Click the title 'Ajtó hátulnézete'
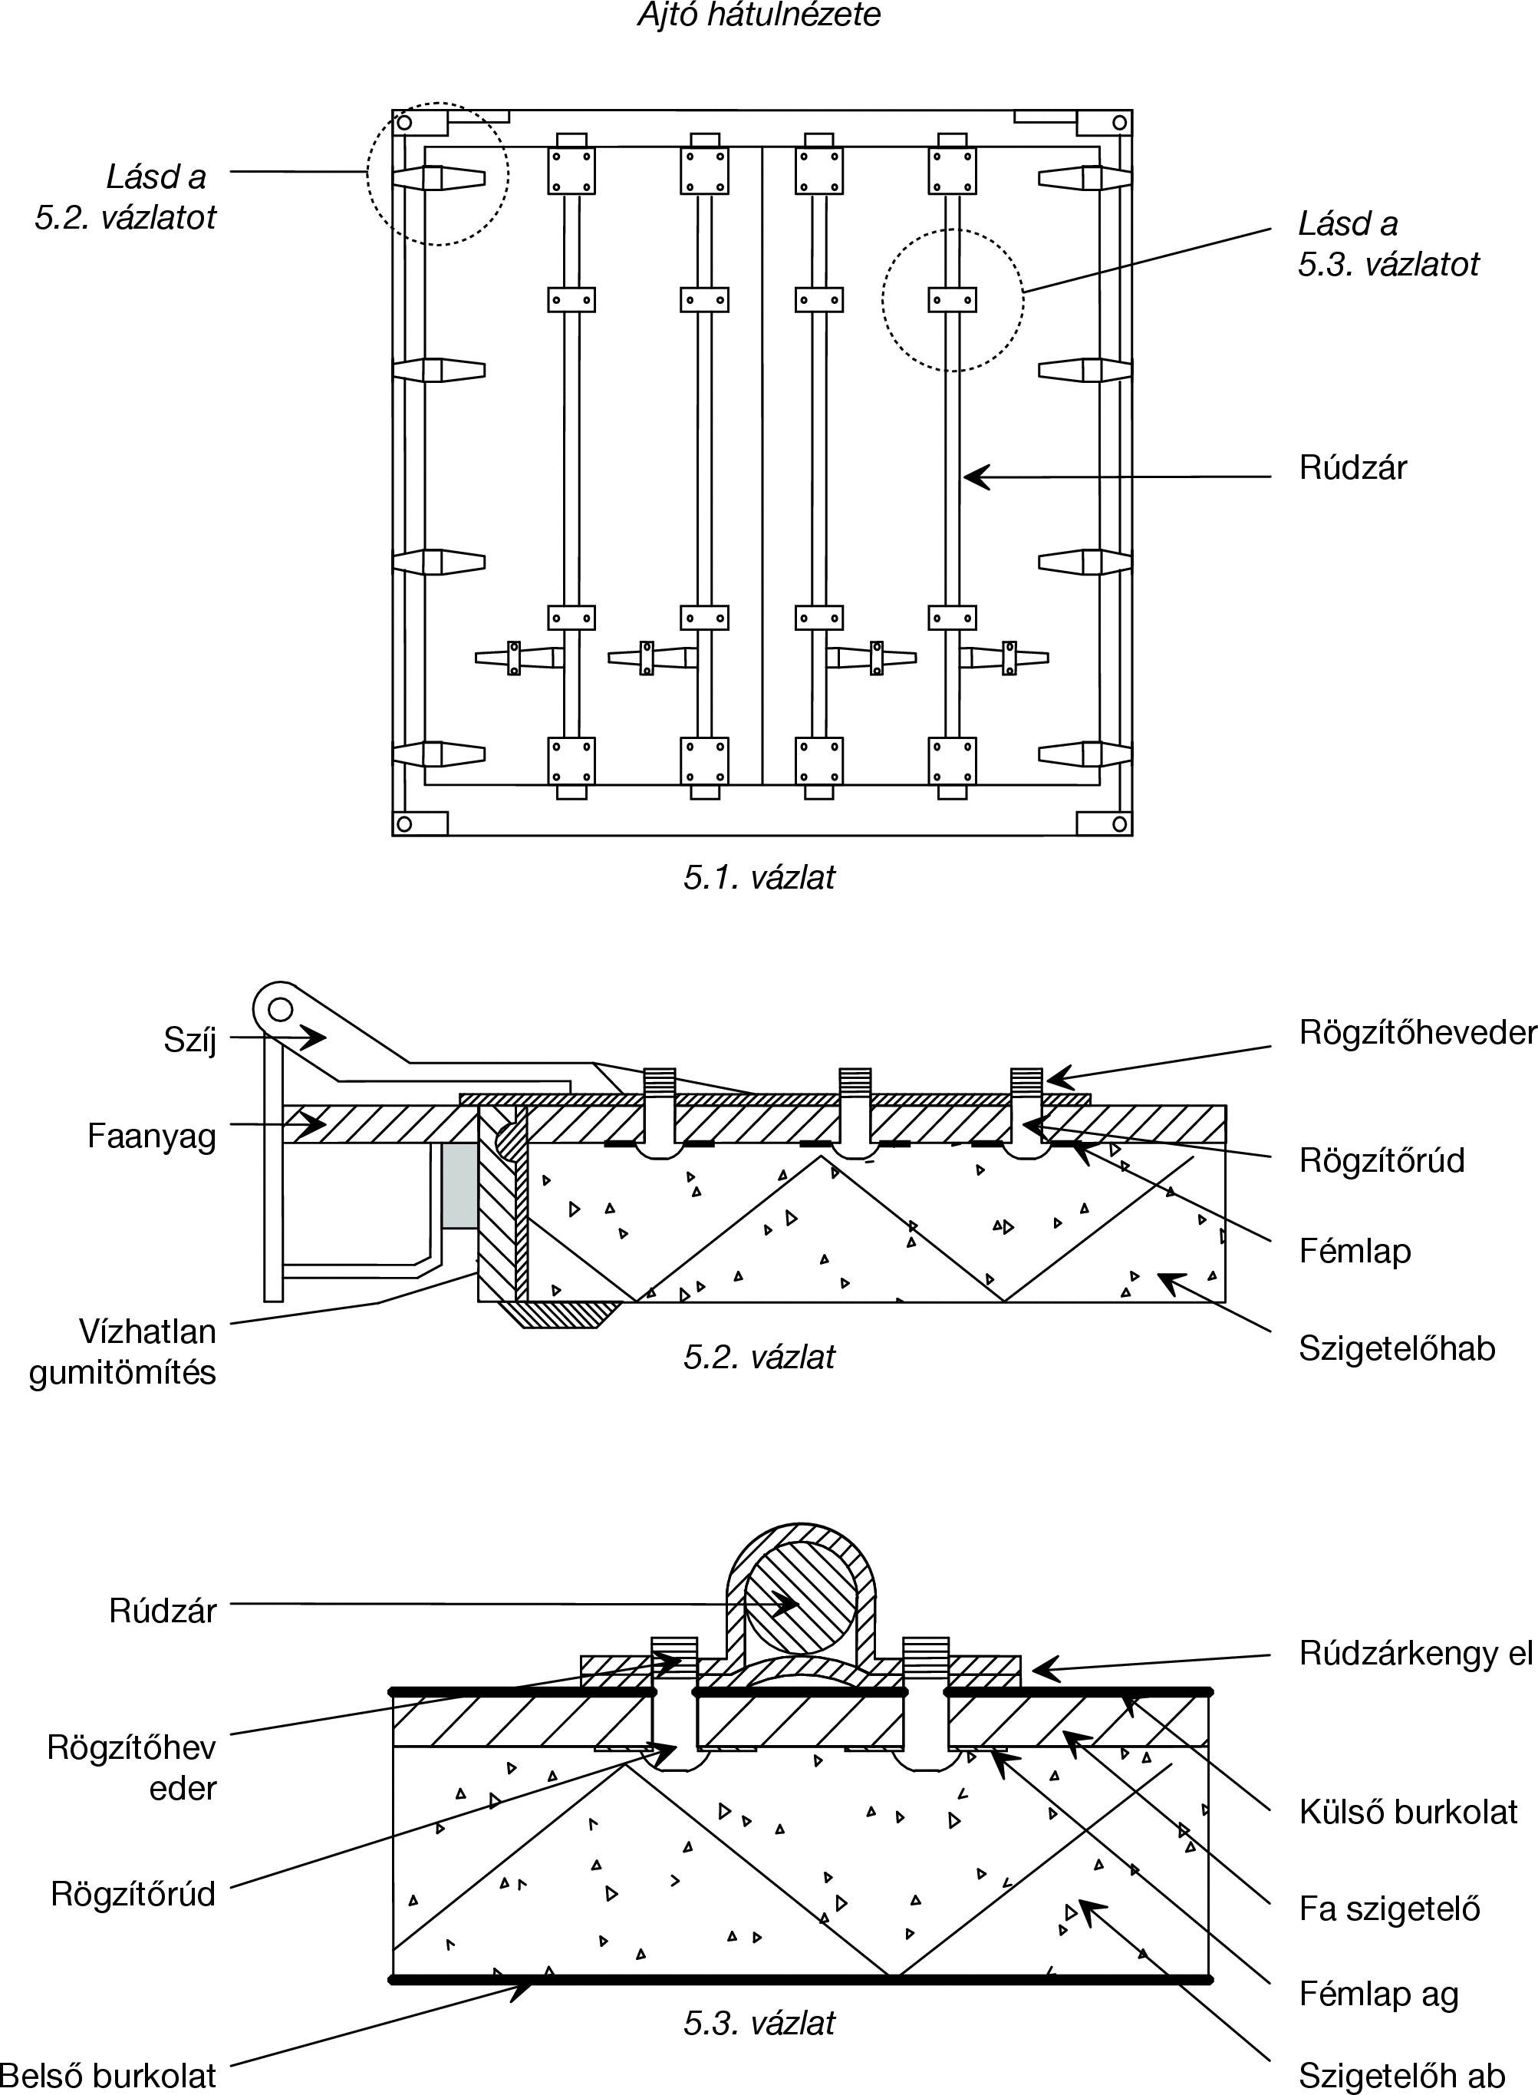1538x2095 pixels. tap(759, 15)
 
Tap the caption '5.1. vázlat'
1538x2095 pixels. tap(759, 877)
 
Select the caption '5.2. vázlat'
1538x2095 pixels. tap(759, 1357)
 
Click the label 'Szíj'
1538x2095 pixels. tap(190, 1039)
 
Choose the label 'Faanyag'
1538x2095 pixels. tap(152, 1136)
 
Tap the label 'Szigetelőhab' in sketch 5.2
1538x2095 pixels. tap(1397, 1348)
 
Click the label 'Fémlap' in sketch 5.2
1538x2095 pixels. tap(1355, 1251)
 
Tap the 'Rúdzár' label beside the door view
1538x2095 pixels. tap(1352, 467)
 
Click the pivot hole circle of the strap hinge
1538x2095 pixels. tap(282, 1009)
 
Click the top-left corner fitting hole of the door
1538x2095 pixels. tap(404, 122)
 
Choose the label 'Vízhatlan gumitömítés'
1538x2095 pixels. tap(123, 1352)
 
